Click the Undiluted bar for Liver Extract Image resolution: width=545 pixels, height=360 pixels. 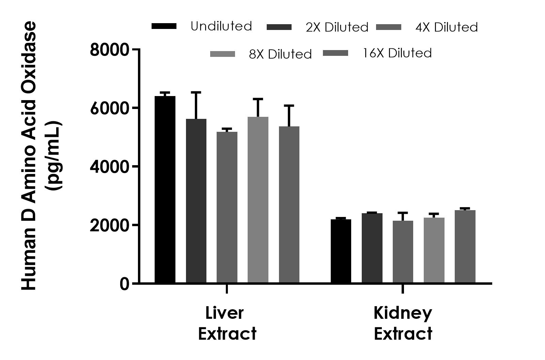[165, 189]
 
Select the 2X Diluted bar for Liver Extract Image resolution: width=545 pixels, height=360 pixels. [196, 201]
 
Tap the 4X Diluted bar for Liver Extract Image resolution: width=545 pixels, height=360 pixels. [227, 207]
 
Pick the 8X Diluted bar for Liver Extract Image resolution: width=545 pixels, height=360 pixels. [258, 200]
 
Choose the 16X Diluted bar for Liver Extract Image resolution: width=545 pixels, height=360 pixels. [289, 204]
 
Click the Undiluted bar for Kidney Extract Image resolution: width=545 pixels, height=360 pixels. [341, 251]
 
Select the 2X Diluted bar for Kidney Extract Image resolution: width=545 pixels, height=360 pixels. [372, 248]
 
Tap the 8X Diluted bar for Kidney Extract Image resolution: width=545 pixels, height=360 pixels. [434, 250]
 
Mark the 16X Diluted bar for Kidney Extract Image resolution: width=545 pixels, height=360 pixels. [465, 246]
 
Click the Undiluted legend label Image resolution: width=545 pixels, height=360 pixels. [221, 26]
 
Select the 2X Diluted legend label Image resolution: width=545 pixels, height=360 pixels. [337, 27]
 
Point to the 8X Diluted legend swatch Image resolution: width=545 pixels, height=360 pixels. [222, 54]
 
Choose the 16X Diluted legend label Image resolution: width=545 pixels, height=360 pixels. [397, 53]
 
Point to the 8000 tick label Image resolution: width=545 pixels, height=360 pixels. [110, 50]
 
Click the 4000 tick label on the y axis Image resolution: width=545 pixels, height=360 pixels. [110, 167]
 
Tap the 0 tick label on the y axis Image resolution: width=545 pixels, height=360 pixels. [124, 284]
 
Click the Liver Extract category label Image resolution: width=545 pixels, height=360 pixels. [227, 323]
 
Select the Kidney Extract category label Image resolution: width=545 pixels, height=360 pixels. [403, 323]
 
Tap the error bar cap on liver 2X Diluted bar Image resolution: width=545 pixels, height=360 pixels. [196, 92]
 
